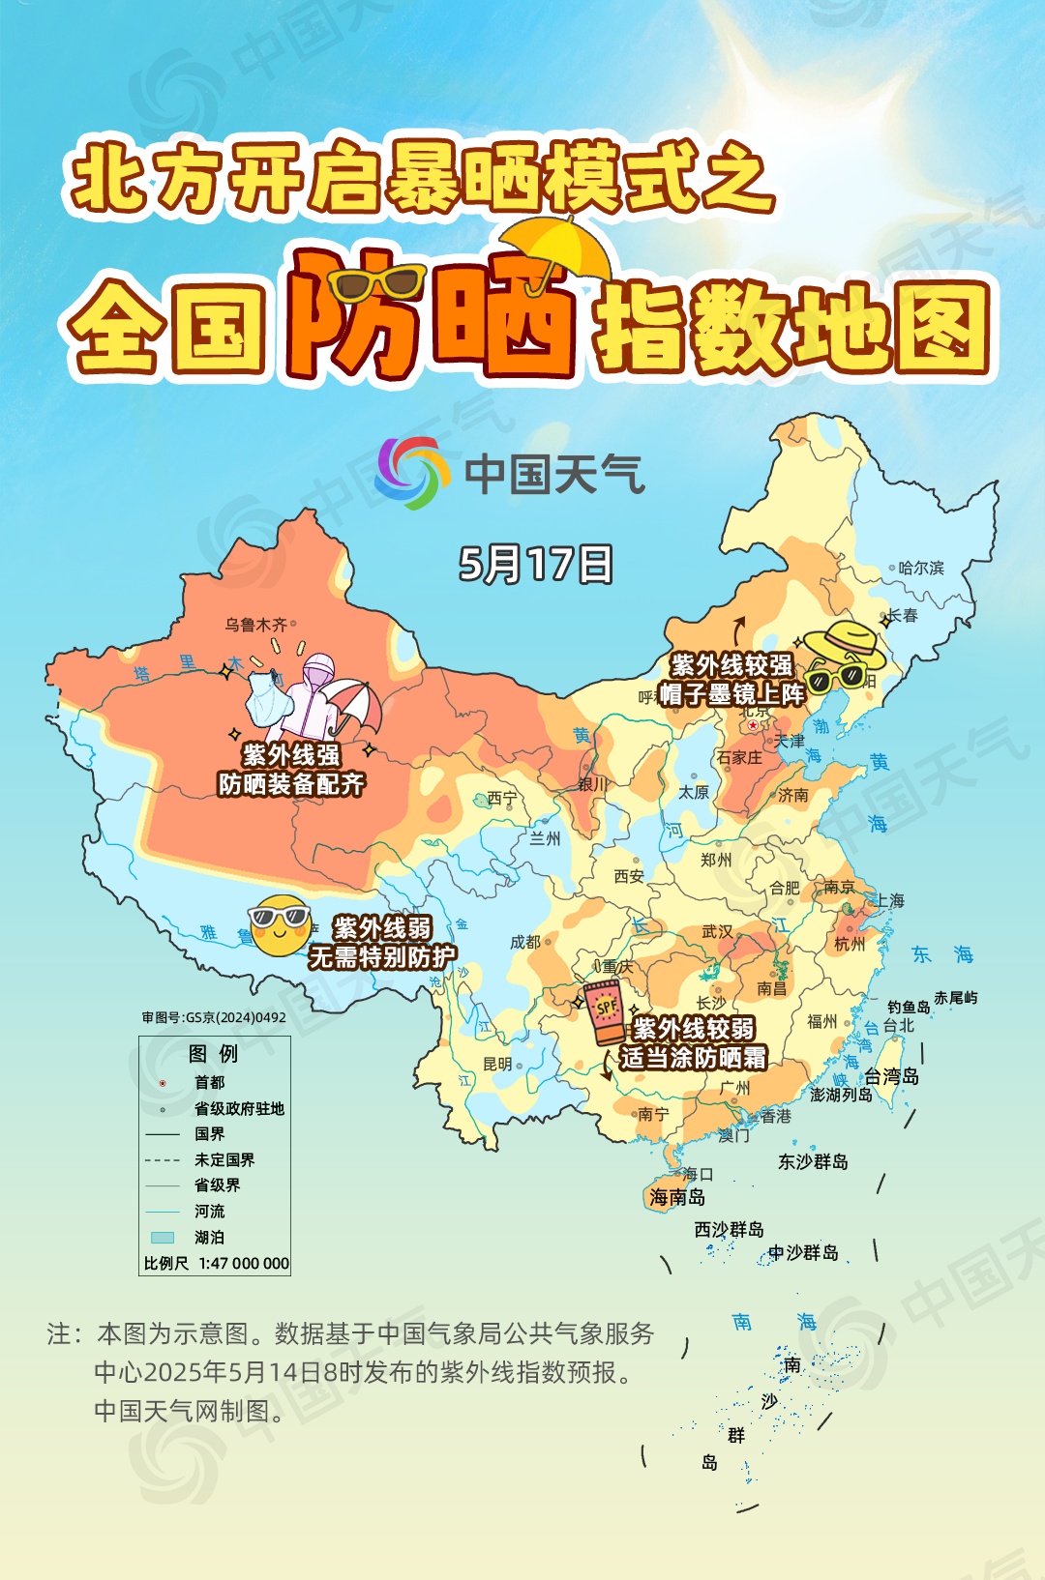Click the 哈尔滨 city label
pyautogui.click(x=920, y=568)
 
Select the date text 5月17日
pyautogui.click(x=535, y=564)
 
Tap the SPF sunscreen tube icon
pyautogui.click(x=605, y=1011)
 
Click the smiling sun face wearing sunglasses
pyautogui.click(x=280, y=924)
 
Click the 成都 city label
pyautogui.click(x=525, y=942)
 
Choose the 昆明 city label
pyautogui.click(x=497, y=1064)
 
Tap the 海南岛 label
pyautogui.click(x=677, y=1197)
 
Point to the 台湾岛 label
pyautogui.click(x=891, y=1076)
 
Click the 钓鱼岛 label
pyautogui.click(x=909, y=1007)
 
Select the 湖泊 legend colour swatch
pyautogui.click(x=163, y=1237)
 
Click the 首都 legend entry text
pyautogui.click(x=209, y=1082)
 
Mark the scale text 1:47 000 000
pyautogui.click(x=244, y=1263)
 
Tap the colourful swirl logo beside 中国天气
pyautogui.click(x=413, y=473)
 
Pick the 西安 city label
pyautogui.click(x=629, y=876)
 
